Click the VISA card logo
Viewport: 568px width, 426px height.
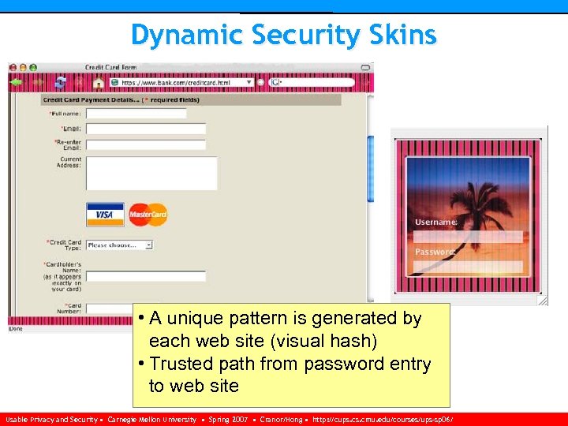pos(105,214)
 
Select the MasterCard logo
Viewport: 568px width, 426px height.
pos(148,214)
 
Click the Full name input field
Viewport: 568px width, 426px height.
pos(136,114)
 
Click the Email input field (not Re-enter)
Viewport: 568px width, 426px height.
pos(145,129)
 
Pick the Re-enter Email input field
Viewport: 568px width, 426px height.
pos(145,145)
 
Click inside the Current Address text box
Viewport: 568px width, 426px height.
pos(151,173)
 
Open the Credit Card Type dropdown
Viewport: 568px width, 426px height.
pos(119,245)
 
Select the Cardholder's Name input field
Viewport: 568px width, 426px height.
pos(145,276)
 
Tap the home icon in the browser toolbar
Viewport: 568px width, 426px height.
pos(98,82)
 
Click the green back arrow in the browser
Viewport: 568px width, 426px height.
pos(16,82)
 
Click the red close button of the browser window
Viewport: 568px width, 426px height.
pos(13,68)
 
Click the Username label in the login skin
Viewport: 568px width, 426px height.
pos(436,222)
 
